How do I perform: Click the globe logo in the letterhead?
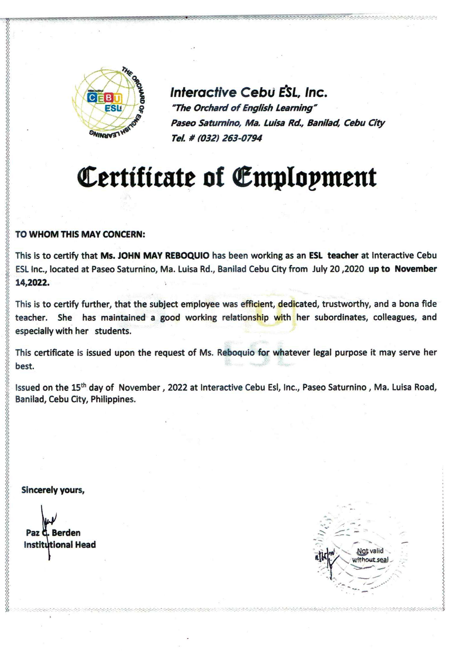[x=108, y=103]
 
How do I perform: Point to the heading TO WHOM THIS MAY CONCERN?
[x=80, y=234]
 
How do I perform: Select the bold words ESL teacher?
[x=333, y=256]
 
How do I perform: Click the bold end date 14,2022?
[x=32, y=283]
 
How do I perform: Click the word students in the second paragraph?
[x=113, y=331]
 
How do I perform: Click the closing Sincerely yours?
[x=53, y=490]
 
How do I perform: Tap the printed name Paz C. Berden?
[x=53, y=533]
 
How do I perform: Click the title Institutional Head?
[x=60, y=545]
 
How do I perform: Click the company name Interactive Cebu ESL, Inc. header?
[x=249, y=92]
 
